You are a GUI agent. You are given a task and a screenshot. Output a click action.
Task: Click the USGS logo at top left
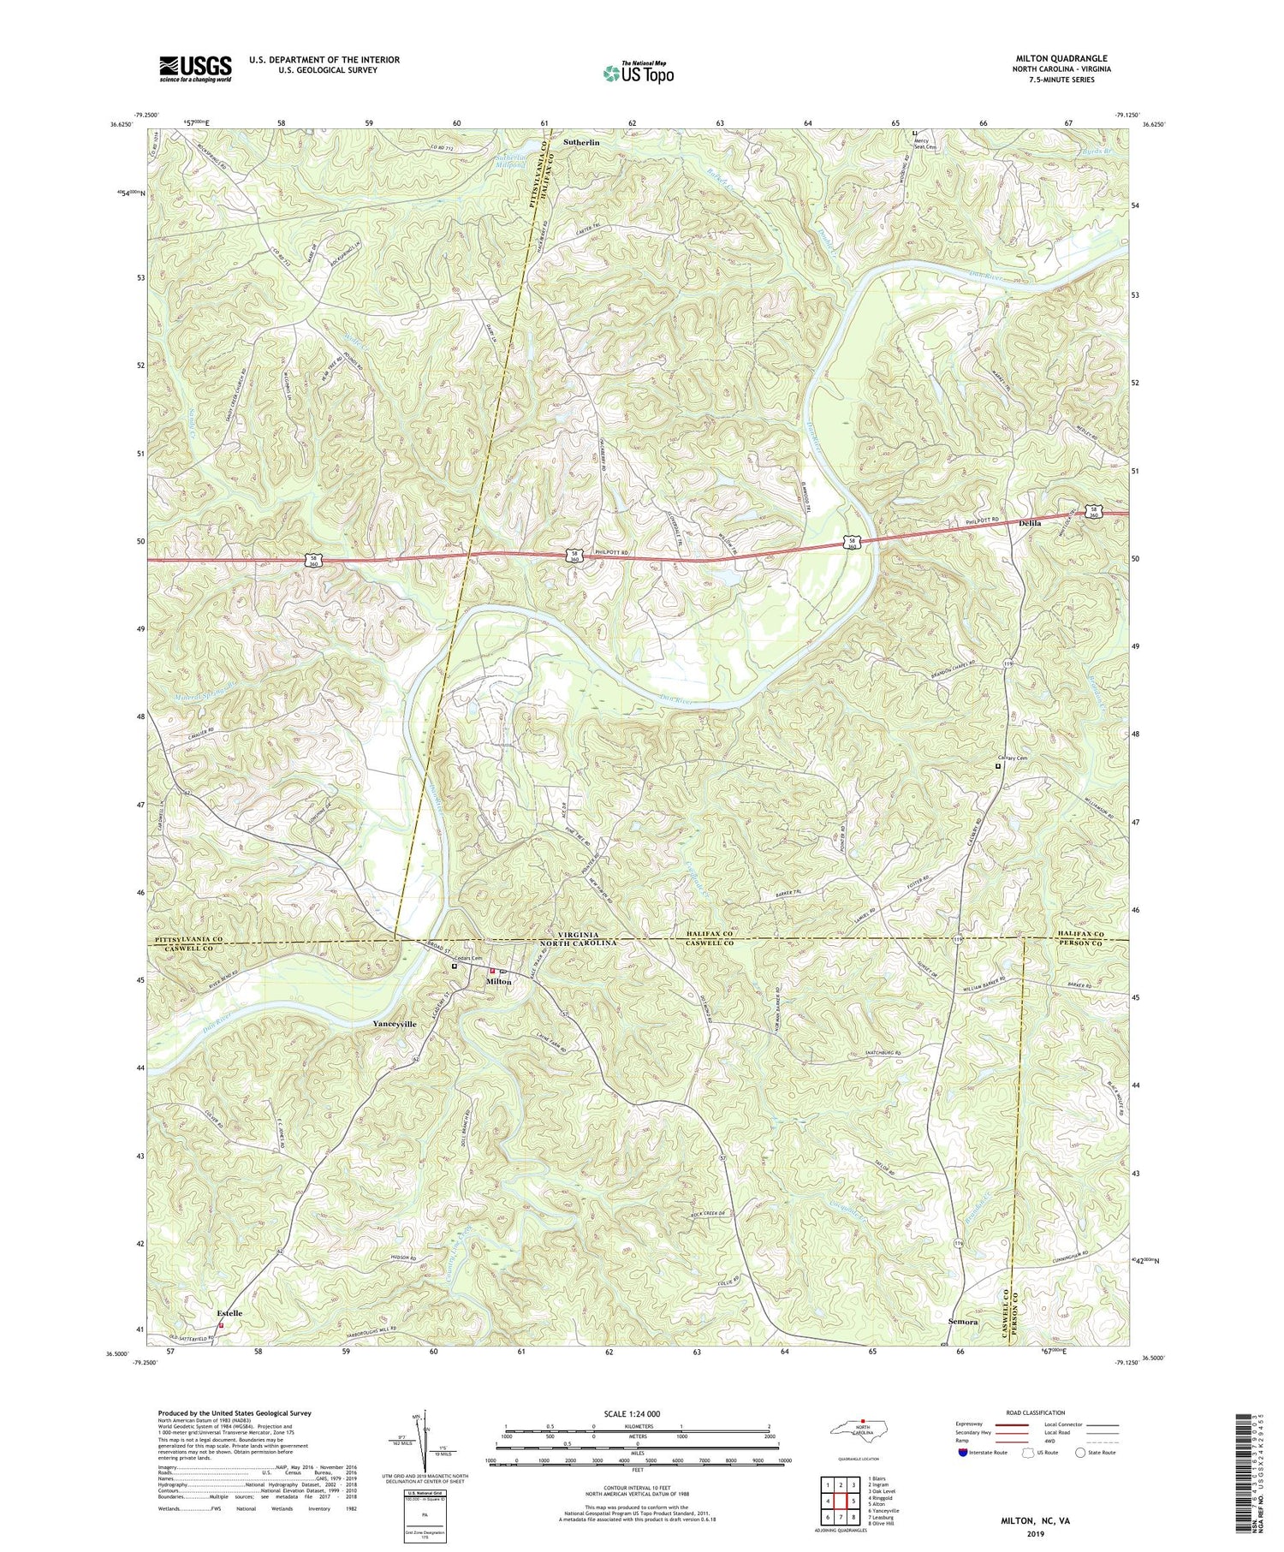click(194, 68)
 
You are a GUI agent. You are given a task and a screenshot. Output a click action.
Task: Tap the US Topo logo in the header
click(637, 74)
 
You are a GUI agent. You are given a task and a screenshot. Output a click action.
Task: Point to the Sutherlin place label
click(586, 143)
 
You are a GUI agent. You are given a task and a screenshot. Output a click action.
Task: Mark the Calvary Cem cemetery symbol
click(997, 767)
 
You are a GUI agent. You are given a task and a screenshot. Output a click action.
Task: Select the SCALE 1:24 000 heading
click(637, 1414)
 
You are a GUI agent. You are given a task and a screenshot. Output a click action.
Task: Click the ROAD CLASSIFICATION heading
click(1029, 1412)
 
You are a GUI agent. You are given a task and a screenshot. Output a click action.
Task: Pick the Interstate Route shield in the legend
click(965, 1453)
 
